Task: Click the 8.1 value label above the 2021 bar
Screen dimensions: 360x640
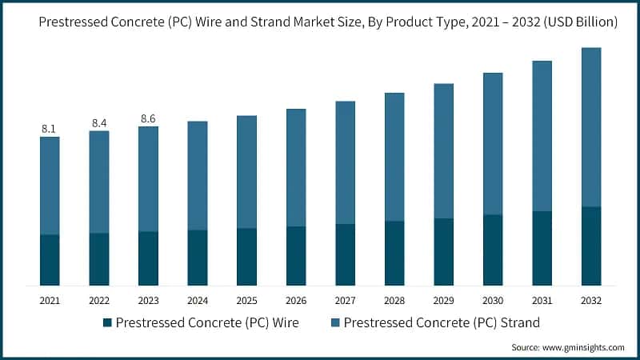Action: (x=50, y=128)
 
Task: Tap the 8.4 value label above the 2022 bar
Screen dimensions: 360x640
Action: (x=99, y=122)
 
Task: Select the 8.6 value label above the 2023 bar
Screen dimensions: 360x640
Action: (x=148, y=118)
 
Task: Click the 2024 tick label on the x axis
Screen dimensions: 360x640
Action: (x=198, y=300)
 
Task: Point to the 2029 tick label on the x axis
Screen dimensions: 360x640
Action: (x=444, y=300)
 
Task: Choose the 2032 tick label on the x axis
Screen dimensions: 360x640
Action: (x=591, y=300)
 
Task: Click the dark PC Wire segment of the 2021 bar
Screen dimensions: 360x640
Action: (x=50, y=260)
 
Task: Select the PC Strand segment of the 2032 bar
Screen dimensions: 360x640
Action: (x=591, y=127)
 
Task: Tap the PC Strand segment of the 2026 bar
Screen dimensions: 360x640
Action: (x=296, y=168)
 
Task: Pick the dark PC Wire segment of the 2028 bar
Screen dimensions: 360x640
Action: (x=394, y=253)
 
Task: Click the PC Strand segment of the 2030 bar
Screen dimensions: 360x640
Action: (x=493, y=144)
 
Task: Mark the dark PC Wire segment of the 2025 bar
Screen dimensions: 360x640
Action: (x=246, y=257)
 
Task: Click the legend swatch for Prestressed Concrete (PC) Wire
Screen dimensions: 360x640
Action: (x=107, y=323)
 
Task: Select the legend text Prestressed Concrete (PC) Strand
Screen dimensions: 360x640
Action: (x=431, y=323)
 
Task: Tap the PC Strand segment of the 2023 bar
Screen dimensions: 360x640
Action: (x=148, y=179)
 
